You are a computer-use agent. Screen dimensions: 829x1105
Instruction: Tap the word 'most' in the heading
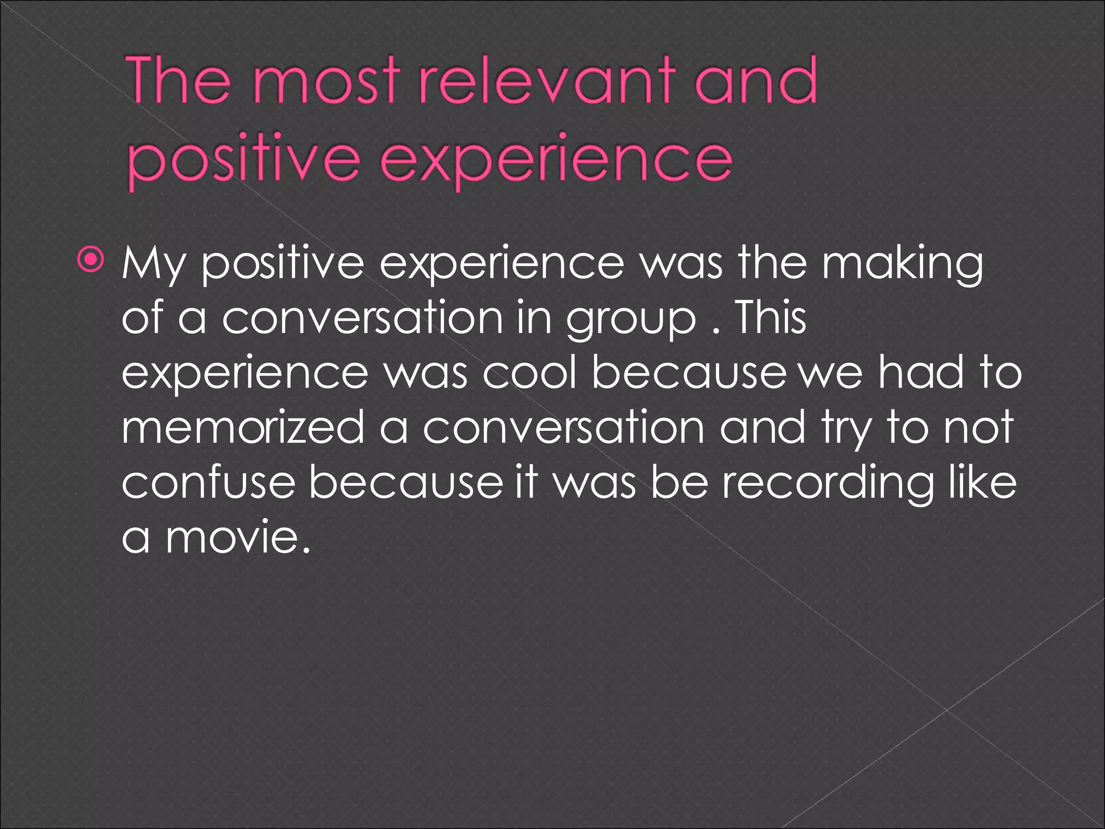point(328,83)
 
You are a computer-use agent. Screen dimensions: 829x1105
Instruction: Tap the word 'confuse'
point(208,482)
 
